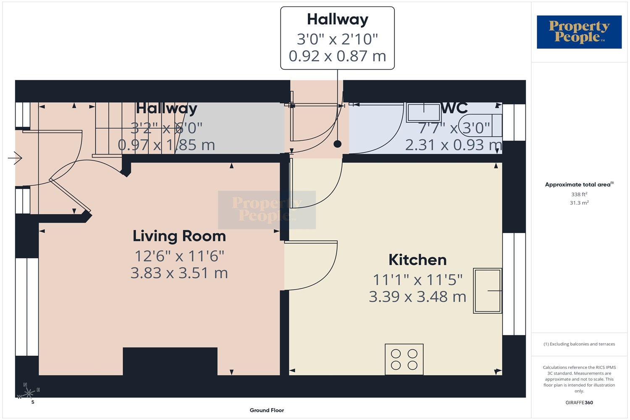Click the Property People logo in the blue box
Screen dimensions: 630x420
coord(579,32)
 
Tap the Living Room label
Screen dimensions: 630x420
coord(179,236)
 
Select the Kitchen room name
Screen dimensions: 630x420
coord(417,260)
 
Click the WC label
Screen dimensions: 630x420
coord(454,108)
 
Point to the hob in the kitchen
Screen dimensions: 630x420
coord(404,359)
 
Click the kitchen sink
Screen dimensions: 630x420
coord(487,291)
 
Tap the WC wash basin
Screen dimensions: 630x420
coord(423,112)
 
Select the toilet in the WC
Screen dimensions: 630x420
coord(480,126)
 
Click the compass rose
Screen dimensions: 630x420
coord(29,393)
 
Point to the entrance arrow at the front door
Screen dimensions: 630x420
coord(15,158)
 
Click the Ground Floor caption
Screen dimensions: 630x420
coord(267,410)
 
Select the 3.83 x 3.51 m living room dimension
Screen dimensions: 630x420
coord(179,273)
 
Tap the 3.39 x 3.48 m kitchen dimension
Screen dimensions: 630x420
coord(417,297)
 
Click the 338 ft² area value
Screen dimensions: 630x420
coord(579,194)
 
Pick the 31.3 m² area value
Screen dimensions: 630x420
coord(579,202)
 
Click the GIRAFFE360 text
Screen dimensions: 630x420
coord(579,402)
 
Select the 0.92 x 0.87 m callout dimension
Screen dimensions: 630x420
coord(337,56)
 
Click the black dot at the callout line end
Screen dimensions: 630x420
coord(338,144)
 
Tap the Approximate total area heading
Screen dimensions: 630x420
coord(579,184)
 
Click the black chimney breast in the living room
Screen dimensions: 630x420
coord(170,361)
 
